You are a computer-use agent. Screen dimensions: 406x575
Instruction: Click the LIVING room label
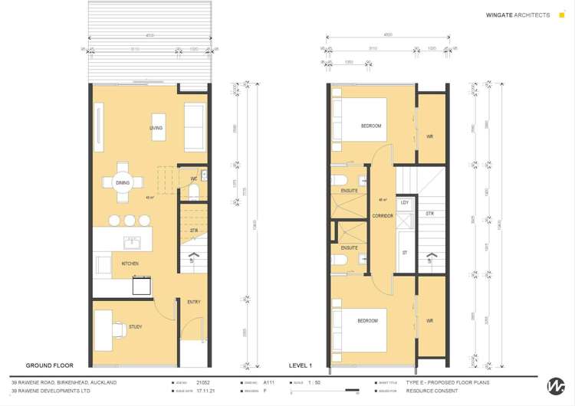[x=156, y=128]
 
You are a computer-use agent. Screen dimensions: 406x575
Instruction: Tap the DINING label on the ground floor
[x=123, y=183]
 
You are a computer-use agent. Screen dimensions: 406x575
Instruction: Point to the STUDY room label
[x=135, y=327]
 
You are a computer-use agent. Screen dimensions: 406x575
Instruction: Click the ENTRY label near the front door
[x=194, y=302]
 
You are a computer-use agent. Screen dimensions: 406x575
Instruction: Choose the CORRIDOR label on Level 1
[x=383, y=216]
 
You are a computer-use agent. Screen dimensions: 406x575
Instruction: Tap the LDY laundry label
[x=404, y=203]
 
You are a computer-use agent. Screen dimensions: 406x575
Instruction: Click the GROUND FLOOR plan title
[x=49, y=365]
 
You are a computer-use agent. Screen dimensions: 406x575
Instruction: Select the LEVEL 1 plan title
[x=300, y=365]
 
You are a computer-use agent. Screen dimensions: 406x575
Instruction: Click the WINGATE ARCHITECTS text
[x=517, y=15]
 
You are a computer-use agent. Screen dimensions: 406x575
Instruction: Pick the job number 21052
[x=202, y=381]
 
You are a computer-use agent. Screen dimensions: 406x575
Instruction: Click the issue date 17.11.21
[x=205, y=391]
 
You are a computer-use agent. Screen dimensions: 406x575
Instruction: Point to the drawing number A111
[x=268, y=381]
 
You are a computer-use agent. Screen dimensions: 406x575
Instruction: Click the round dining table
[x=123, y=182]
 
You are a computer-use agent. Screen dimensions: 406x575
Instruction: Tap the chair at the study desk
[x=119, y=330]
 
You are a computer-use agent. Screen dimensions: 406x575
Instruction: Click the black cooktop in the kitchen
[x=142, y=285]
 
